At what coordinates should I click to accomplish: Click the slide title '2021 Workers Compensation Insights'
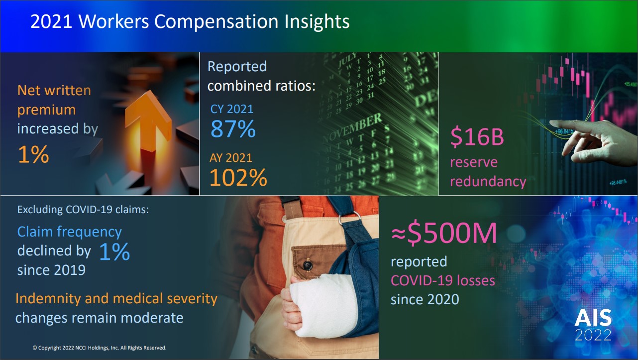190,22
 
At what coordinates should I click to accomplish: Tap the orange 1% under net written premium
33,155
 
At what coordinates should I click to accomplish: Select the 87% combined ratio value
233,129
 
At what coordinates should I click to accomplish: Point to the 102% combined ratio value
238,178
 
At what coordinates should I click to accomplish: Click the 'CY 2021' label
232,109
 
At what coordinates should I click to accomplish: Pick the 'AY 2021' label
231,158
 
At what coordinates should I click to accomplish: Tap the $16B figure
477,138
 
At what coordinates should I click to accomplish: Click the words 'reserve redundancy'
488,172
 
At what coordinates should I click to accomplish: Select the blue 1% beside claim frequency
114,252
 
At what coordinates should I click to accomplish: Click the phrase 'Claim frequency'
69,232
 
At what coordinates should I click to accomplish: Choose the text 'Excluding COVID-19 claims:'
83,210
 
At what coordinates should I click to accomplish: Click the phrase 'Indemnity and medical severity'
116,298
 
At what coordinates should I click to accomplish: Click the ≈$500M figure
444,234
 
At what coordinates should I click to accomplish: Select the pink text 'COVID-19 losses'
442,280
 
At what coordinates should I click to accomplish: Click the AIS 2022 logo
593,325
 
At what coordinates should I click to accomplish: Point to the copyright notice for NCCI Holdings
100,348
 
